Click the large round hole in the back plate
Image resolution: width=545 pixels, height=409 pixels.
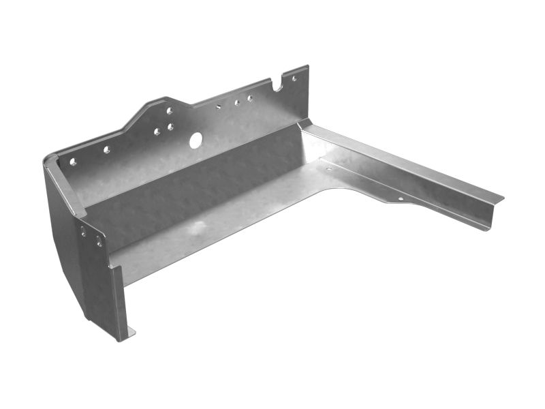(196, 140)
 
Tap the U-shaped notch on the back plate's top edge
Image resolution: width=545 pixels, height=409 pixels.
(277, 87)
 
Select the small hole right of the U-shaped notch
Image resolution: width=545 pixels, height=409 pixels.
(294, 78)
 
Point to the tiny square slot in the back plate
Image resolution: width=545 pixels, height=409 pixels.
(219, 106)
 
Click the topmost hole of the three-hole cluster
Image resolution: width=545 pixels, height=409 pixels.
(170, 110)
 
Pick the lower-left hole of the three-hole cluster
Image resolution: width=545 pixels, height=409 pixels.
(157, 132)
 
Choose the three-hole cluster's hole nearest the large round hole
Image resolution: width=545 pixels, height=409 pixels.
(170, 127)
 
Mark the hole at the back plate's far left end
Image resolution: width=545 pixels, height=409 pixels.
(72, 162)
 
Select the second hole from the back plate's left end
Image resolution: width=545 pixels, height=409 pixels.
(106, 149)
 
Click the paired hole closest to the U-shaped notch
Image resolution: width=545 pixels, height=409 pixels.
(250, 98)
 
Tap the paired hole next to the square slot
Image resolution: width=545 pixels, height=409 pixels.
(236, 103)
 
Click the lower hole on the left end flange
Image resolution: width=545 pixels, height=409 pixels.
(99, 241)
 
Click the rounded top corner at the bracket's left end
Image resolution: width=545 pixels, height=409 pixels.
(49, 159)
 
